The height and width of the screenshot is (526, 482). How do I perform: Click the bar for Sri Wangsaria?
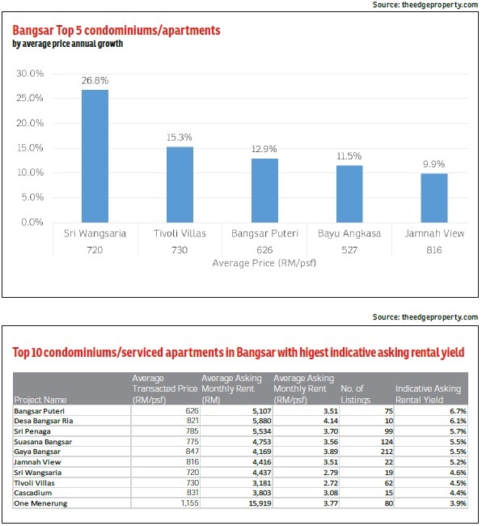[95, 156]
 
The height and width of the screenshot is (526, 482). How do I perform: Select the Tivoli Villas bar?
[180, 185]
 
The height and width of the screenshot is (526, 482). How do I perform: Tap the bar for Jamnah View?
[434, 198]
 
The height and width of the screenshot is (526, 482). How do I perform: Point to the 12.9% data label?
[264, 149]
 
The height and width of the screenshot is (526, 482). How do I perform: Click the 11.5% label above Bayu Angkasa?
[349, 156]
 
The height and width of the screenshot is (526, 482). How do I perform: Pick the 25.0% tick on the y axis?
[30, 98]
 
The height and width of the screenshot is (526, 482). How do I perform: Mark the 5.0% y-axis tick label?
[32, 197]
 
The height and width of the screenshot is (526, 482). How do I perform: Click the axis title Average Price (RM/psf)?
[264, 263]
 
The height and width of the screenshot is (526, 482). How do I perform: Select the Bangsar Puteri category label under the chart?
[264, 234]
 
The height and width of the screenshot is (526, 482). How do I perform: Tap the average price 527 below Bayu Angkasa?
[349, 250]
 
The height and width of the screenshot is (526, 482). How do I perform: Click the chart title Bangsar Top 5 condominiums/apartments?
[116, 31]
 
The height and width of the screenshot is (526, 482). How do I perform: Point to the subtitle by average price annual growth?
[68, 44]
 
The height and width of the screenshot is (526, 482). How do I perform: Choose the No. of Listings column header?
[355, 394]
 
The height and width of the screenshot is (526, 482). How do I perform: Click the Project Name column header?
[40, 400]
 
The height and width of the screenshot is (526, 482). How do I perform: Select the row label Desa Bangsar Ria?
[43, 421]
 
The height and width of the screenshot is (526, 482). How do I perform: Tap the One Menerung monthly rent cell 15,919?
[260, 503]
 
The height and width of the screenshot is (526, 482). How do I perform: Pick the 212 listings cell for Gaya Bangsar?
[387, 452]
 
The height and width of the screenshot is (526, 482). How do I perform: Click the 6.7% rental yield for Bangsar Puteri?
[458, 411]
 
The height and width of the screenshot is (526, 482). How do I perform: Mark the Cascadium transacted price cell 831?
[192, 493]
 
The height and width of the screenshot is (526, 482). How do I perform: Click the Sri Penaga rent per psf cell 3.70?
[331, 431]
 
